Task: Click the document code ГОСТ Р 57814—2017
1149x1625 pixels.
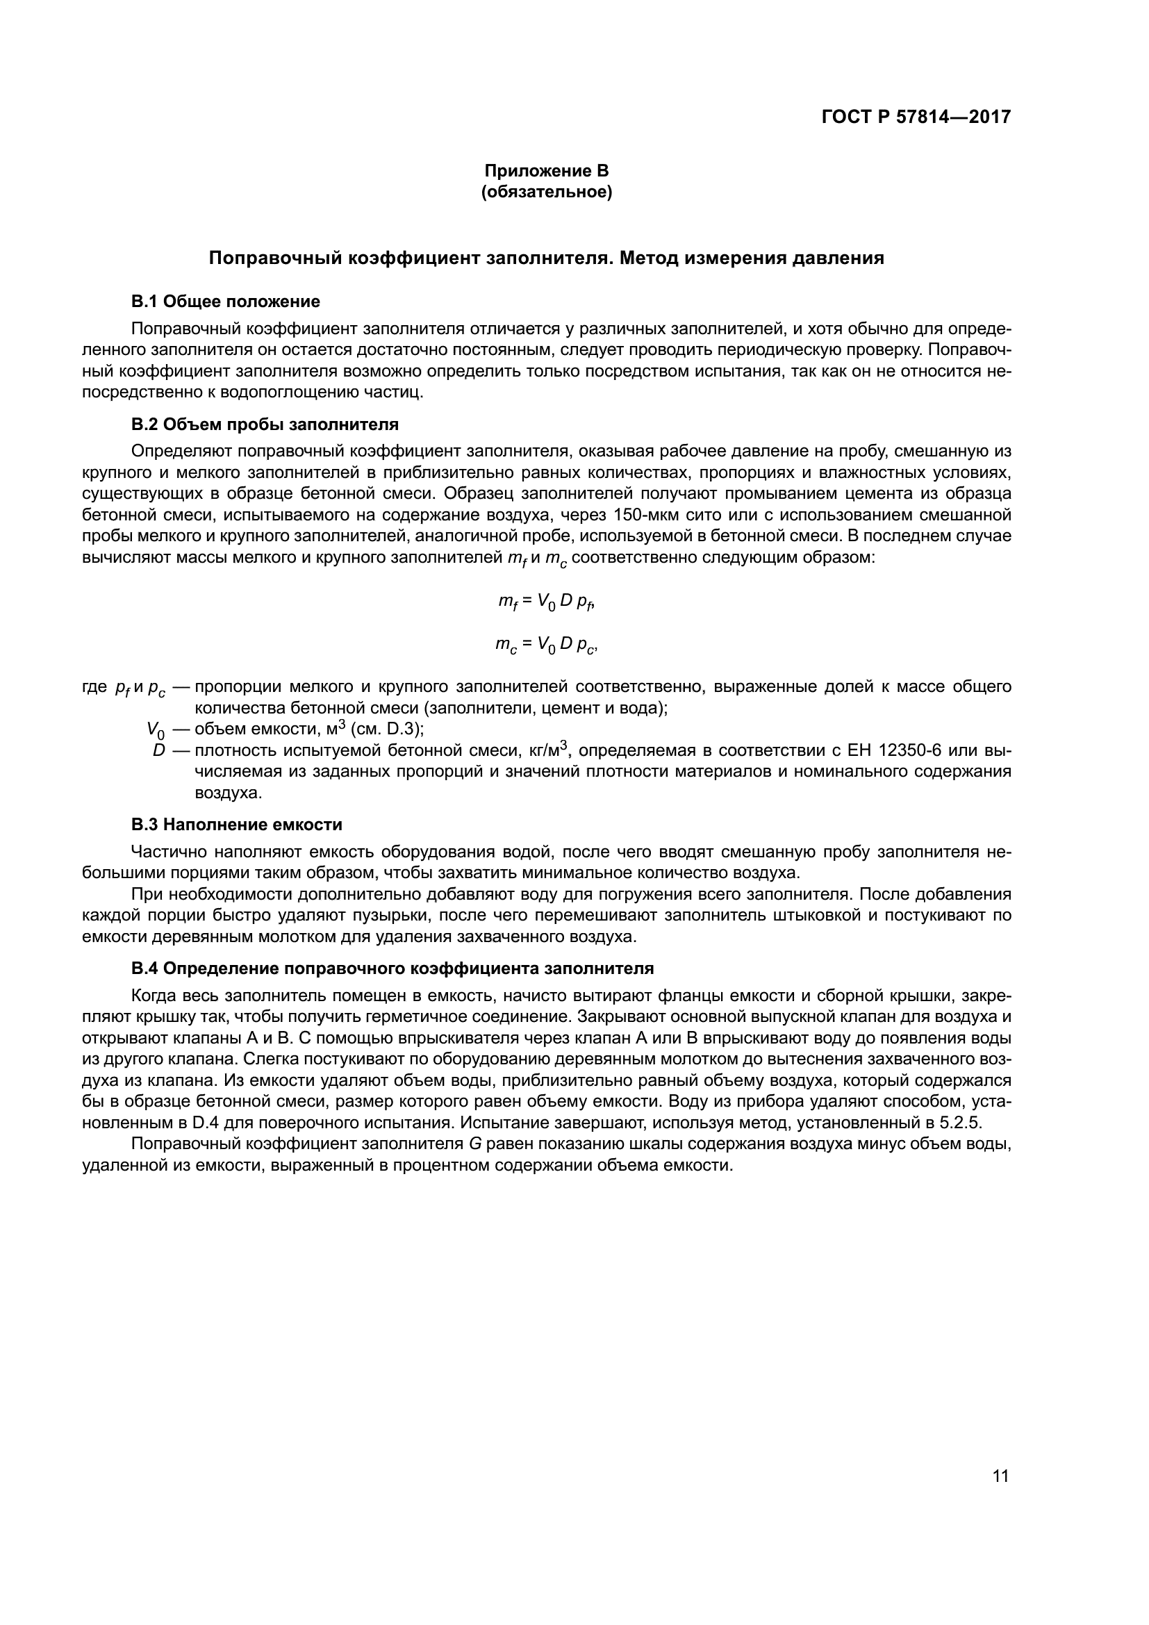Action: click(916, 117)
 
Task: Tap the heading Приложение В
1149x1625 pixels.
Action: click(546, 171)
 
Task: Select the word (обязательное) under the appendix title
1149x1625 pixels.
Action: click(546, 191)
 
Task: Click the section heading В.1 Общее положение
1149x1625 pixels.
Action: click(226, 302)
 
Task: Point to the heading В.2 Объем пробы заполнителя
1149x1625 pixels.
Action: click(265, 424)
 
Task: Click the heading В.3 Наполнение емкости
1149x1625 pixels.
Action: click(236, 824)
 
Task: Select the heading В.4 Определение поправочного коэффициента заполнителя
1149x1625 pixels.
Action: click(392, 968)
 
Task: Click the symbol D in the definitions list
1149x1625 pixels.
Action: click(158, 750)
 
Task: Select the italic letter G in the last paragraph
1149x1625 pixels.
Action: click(475, 1144)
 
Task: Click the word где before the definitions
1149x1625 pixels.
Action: click(94, 687)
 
